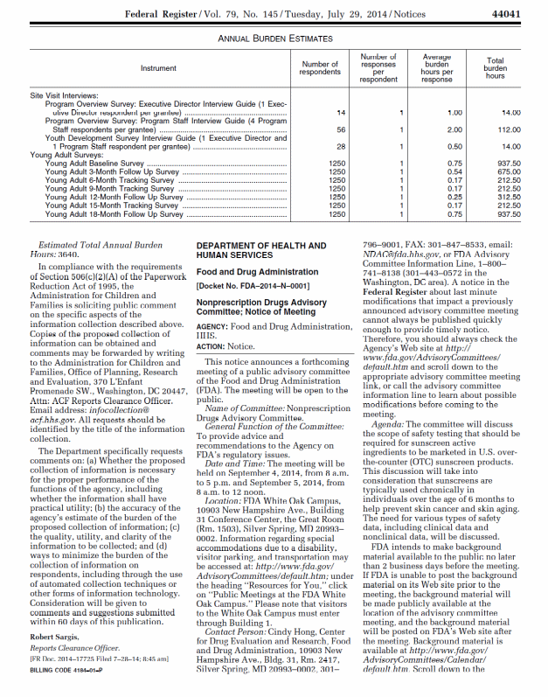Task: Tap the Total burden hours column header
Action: [495, 68]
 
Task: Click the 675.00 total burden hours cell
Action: [507, 172]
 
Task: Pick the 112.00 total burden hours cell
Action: [507, 129]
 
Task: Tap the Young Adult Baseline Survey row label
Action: [94, 164]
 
